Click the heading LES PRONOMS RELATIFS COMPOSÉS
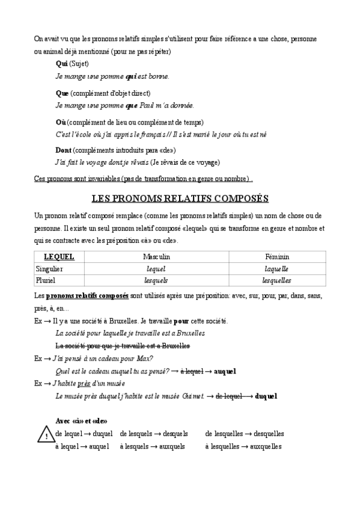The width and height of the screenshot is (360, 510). (x=180, y=198)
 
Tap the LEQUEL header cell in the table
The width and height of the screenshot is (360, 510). (x=59, y=257)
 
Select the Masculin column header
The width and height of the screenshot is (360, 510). (x=156, y=257)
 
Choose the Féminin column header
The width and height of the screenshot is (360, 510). (x=276, y=257)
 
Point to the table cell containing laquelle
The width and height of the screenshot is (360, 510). (x=276, y=269)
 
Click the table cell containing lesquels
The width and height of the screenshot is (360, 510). (x=156, y=280)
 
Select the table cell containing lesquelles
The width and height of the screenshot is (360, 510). (x=276, y=280)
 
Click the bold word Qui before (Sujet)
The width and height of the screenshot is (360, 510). (x=61, y=64)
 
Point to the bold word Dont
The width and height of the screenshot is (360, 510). (x=63, y=150)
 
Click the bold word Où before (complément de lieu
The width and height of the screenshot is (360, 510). (x=60, y=121)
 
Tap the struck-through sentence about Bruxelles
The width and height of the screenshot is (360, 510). (x=123, y=346)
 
